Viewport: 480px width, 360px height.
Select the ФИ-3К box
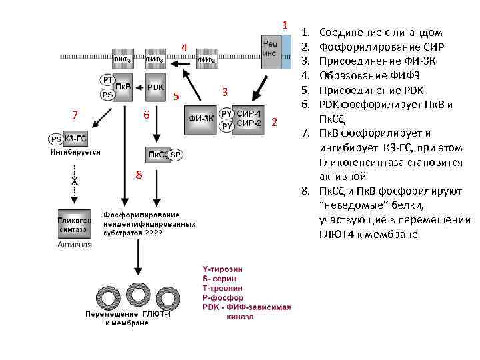point(201,119)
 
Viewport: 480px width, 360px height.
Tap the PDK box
point(155,87)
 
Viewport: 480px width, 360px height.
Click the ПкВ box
point(123,87)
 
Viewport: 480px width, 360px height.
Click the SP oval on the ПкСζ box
point(176,155)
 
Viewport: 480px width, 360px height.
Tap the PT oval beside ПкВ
point(107,79)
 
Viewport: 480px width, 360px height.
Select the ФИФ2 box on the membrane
point(205,59)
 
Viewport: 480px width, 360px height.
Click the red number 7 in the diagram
point(75,115)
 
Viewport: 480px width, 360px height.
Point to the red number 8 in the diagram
point(139,175)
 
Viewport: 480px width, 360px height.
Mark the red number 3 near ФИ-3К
point(225,91)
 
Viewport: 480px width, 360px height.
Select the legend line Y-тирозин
point(223,269)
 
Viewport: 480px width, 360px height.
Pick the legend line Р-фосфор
point(222,297)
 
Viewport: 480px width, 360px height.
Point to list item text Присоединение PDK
point(371,90)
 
